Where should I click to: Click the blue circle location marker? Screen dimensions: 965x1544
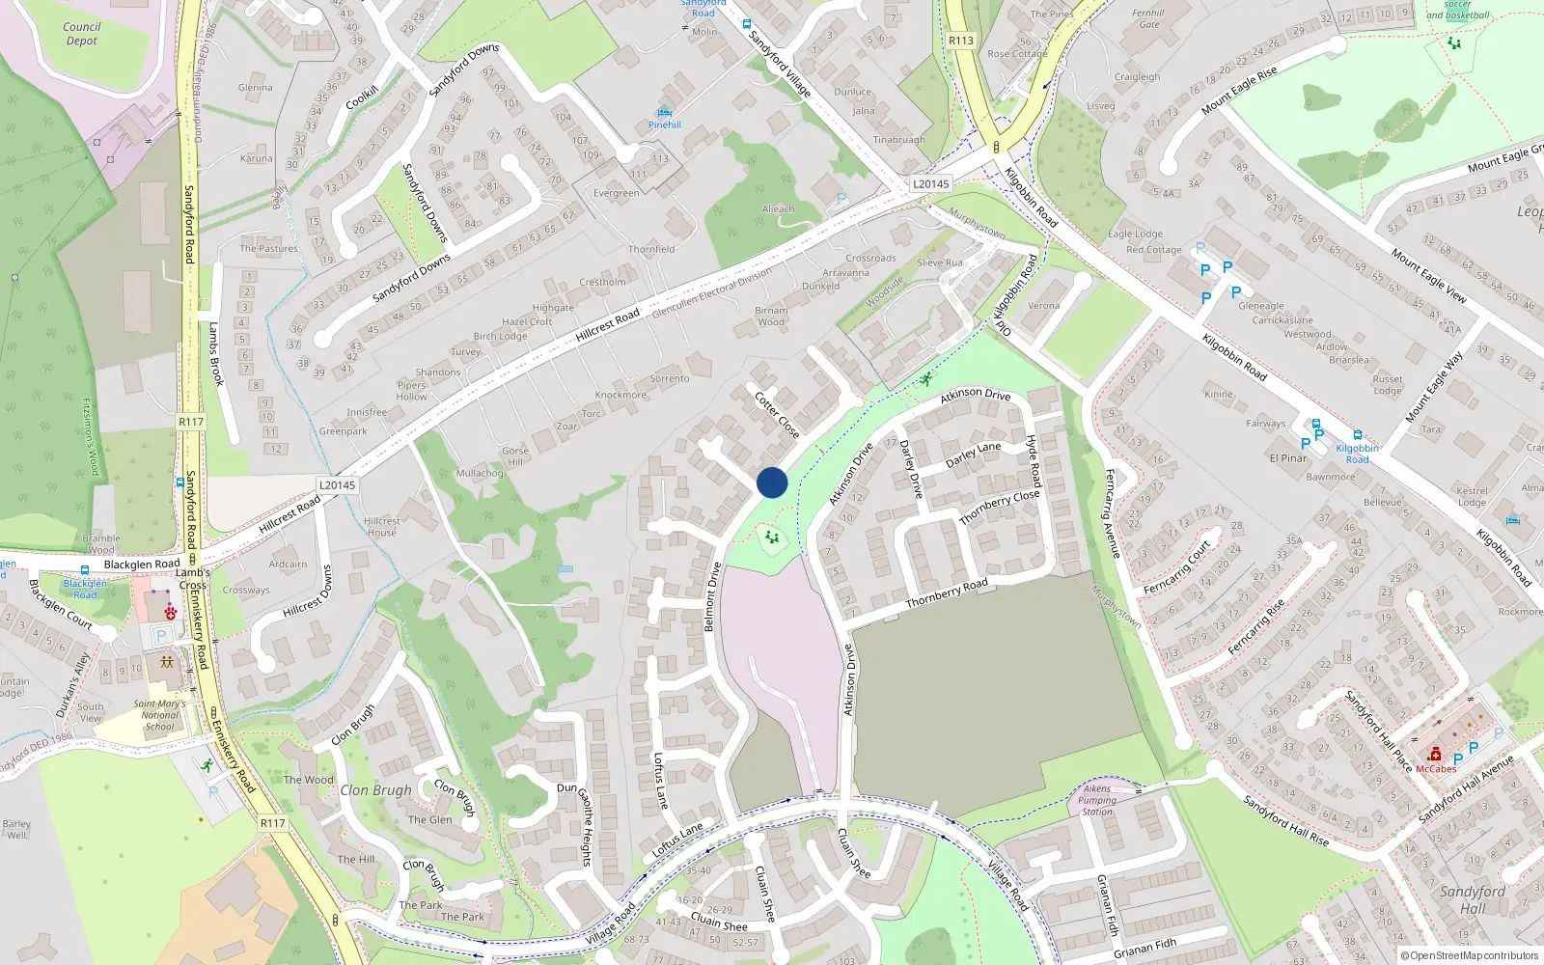click(772, 482)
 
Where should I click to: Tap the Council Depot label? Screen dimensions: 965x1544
click(82, 34)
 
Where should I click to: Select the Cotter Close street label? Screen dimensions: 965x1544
click(777, 415)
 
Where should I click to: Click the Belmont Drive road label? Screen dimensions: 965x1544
click(712, 597)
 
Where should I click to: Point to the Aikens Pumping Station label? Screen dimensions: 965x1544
click(1097, 800)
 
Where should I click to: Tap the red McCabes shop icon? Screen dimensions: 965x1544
click(1435, 755)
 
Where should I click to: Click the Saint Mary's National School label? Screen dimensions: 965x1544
click(159, 715)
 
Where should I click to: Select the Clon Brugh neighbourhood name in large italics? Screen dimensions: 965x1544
click(375, 790)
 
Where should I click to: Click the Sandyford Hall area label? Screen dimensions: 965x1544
click(1473, 899)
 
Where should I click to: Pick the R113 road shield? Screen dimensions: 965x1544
click(961, 41)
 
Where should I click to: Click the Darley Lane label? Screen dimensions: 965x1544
click(973, 455)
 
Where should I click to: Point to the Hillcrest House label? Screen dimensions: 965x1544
click(382, 527)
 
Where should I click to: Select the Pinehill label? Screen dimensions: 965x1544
click(665, 124)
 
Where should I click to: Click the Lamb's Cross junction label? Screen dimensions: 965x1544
click(193, 579)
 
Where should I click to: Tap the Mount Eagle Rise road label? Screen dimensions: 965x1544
click(1239, 91)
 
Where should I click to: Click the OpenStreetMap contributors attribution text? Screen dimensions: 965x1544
click(1469, 956)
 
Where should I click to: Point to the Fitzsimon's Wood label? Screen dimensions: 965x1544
click(91, 437)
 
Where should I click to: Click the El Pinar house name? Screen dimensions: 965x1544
click(1288, 458)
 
